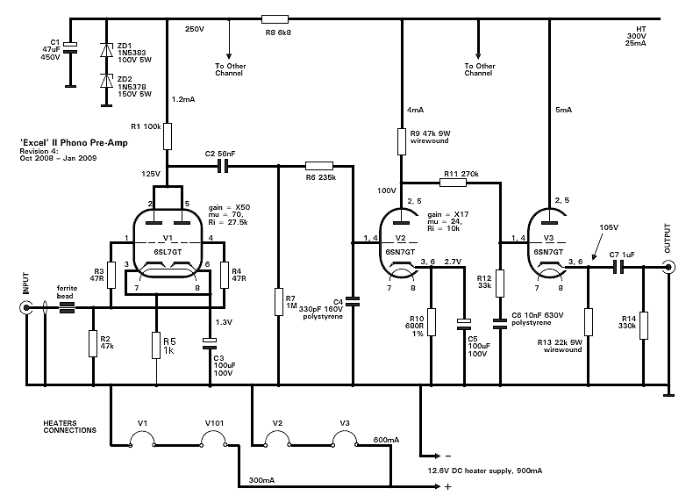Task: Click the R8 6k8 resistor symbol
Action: tap(275, 18)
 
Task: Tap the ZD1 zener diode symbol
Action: tap(107, 49)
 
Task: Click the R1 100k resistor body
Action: tap(167, 136)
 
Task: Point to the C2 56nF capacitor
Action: tap(224, 165)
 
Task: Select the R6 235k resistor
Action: tap(318, 165)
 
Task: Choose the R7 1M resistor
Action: tap(278, 303)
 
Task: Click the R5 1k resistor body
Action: tap(155, 345)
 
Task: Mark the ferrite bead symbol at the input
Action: tap(67, 307)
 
